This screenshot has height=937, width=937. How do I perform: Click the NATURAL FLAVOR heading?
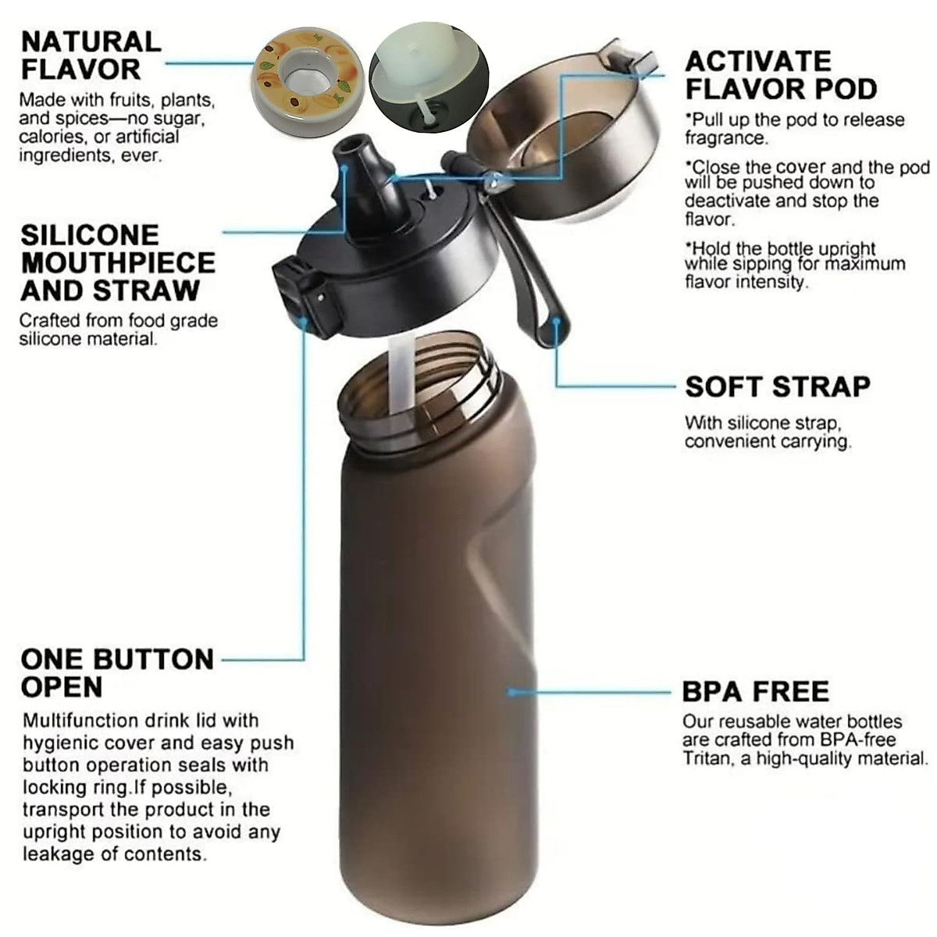point(91,55)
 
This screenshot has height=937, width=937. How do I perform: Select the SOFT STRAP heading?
point(777,387)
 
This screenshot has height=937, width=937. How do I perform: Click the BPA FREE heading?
point(755,692)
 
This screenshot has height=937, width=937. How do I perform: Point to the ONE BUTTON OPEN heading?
point(117,673)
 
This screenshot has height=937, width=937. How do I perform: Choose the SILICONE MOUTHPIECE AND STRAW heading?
point(118,262)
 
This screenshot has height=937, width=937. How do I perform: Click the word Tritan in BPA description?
point(707,758)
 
